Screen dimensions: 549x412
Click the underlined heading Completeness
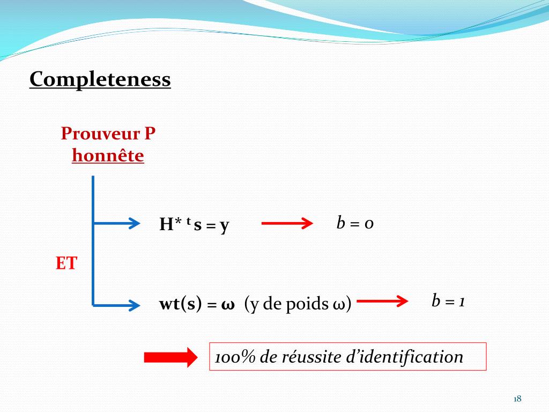coord(100,79)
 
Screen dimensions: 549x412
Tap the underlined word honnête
coord(108,156)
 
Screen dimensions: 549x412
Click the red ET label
coord(66,264)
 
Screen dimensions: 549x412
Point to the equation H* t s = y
coord(194,224)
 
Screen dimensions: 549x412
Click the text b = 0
coord(355,223)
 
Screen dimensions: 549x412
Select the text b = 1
coord(448,301)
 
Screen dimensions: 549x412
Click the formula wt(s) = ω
coord(197,304)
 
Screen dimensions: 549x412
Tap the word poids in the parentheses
coord(307,304)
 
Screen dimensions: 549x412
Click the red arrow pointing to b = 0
coord(287,223)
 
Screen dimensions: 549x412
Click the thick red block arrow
coord(170,357)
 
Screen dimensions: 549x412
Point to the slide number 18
coord(517,399)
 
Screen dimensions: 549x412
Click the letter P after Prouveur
coord(150,133)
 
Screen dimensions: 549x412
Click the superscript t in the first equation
coord(188,220)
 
